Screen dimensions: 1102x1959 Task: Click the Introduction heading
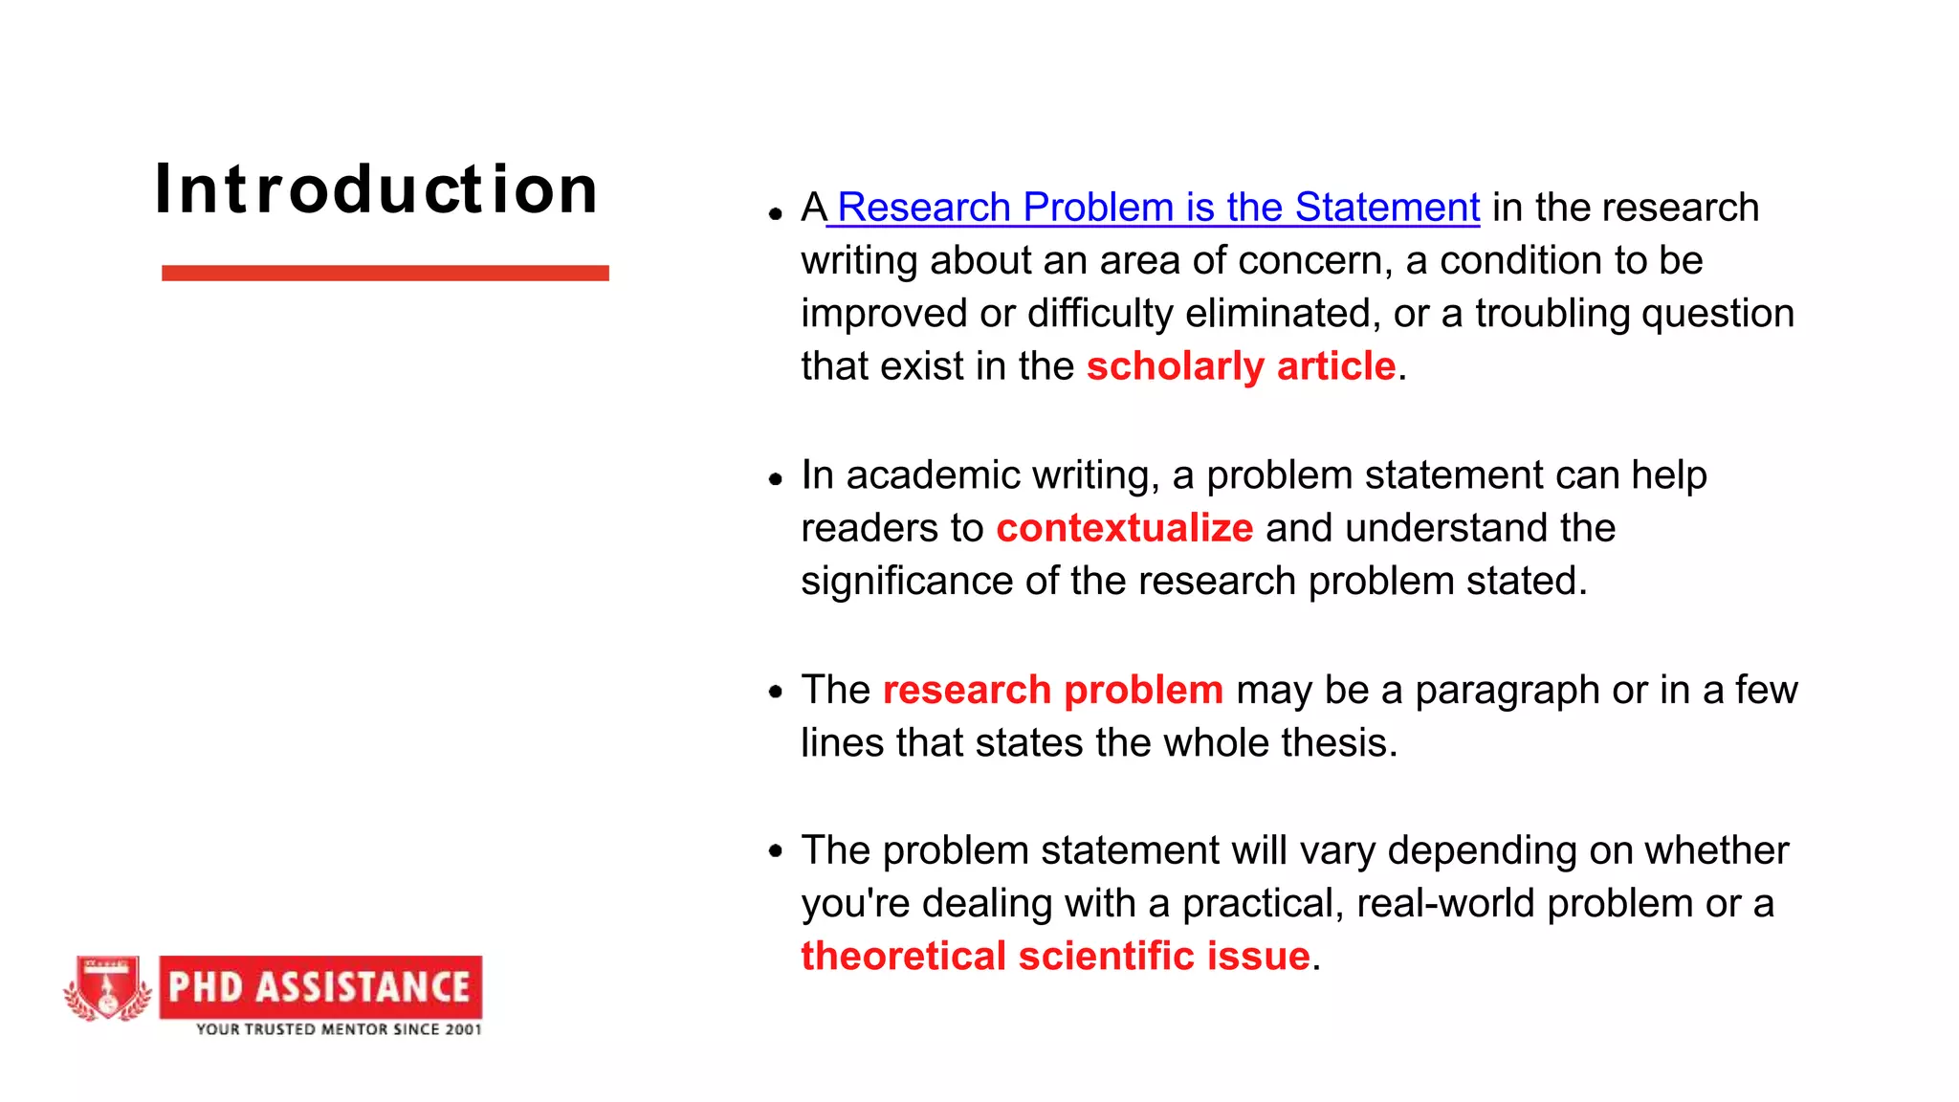(x=376, y=189)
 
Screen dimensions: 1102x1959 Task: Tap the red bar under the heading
(x=385, y=274)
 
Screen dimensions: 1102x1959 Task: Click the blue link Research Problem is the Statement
(x=1157, y=208)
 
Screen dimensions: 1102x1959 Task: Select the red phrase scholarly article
(x=1241, y=366)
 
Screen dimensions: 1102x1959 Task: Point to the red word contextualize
(x=1124, y=528)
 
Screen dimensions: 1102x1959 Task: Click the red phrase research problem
(x=1052, y=690)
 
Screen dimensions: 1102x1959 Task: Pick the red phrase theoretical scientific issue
(x=1055, y=957)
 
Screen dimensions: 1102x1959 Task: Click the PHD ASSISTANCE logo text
(x=319, y=987)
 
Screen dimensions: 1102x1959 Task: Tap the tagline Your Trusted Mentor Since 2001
(x=339, y=1030)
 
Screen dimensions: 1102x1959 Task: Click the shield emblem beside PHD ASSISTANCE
(x=107, y=989)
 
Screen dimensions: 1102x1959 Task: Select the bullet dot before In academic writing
(x=776, y=478)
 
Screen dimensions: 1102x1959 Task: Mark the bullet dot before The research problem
(x=776, y=692)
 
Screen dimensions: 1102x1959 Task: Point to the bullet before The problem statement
(x=776, y=850)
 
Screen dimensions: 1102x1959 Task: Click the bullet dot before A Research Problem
(x=776, y=214)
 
